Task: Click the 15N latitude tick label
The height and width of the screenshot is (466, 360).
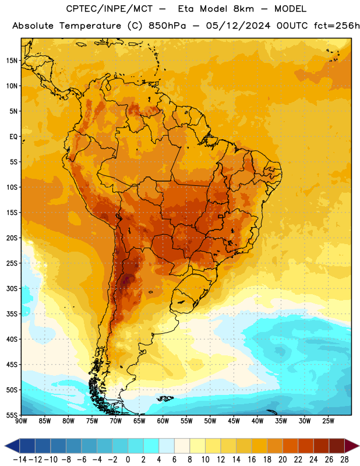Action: click(12, 61)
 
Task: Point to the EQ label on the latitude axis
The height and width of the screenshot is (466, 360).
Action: click(13, 137)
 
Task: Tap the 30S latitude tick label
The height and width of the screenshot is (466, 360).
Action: click(12, 288)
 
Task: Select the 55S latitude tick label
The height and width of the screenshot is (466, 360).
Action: click(12, 415)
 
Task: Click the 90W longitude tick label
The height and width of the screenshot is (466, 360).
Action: click(21, 421)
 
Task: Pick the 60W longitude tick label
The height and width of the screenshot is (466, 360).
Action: click(163, 421)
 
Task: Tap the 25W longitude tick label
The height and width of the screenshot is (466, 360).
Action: click(329, 421)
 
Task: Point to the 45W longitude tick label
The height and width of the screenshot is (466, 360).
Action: click(234, 421)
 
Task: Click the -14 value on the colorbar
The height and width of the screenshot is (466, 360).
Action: click(20, 460)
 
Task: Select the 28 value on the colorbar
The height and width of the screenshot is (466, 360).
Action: click(344, 460)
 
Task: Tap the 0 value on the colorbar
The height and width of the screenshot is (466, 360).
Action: click(128, 460)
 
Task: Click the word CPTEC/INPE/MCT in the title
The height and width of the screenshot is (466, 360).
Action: click(110, 9)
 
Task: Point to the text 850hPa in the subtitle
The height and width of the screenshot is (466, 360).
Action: click(167, 26)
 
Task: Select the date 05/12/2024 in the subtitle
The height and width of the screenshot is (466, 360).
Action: click(238, 26)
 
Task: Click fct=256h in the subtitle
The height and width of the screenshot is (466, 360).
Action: click(337, 26)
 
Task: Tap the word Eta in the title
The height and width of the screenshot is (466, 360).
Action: click(186, 9)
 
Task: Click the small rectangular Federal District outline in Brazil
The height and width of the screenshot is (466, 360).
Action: click(221, 216)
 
